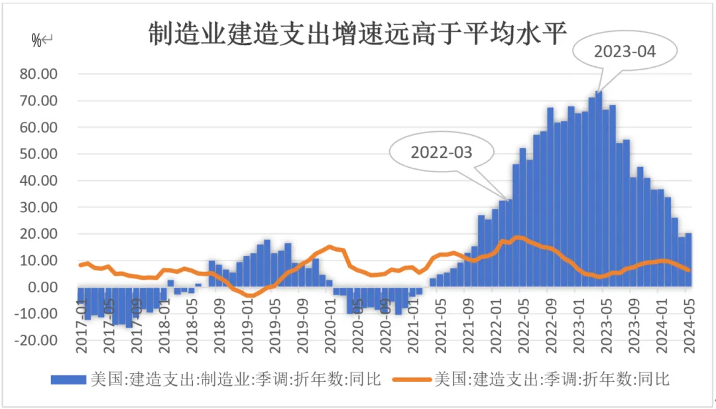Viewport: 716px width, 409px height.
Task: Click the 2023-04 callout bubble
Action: tap(625, 52)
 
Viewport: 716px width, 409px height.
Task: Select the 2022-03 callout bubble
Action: tap(442, 152)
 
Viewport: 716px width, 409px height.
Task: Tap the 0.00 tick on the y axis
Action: tap(56, 287)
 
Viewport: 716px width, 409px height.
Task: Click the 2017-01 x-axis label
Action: tap(82, 320)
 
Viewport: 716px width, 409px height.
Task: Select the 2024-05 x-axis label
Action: tap(689, 320)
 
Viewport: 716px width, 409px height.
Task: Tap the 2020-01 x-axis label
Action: tap(329, 320)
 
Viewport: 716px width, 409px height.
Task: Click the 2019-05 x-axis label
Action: tap(274, 320)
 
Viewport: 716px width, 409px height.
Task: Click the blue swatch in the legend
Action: tap(68, 379)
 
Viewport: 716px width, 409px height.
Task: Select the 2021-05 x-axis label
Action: tap(440, 320)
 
